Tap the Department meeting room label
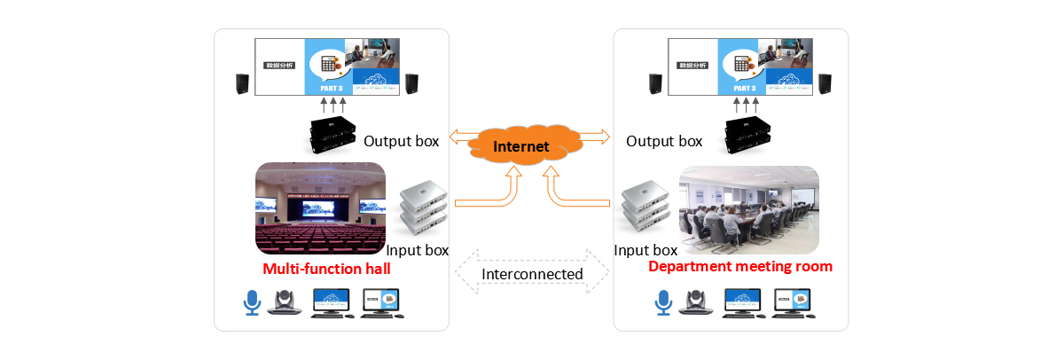point(740,266)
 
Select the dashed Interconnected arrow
point(532,274)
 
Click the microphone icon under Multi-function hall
point(252,303)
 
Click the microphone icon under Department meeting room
point(662,302)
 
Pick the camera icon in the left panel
point(285,303)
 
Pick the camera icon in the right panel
point(695,302)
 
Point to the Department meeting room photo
point(748,211)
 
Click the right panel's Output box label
point(664,141)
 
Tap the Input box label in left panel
point(418,250)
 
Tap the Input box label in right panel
point(646,250)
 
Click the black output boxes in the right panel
point(748,133)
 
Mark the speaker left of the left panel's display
point(241,84)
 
